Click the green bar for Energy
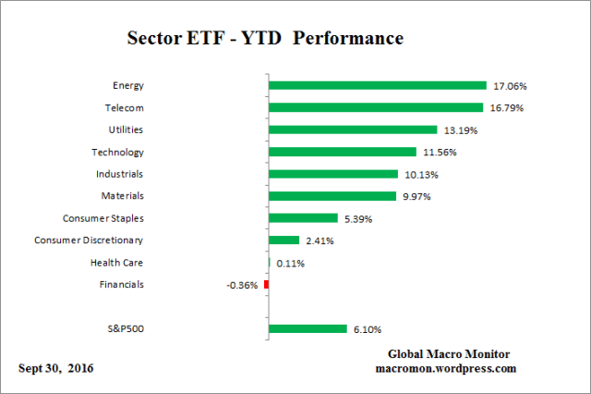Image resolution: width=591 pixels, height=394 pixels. pos(377,85)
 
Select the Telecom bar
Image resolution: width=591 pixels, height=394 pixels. pos(375,107)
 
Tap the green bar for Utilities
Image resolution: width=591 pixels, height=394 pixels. pos(352,129)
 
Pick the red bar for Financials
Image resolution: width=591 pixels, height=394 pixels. pos(266,285)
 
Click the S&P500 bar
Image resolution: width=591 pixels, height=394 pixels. pos(308,328)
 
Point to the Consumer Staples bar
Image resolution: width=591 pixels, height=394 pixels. pos(302,218)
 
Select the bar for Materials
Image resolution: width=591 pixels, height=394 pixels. pos(331,196)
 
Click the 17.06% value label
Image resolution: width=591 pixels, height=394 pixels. pos(509,86)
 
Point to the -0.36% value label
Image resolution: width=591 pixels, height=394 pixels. pos(242,286)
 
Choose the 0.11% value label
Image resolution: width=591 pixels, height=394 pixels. pos(290,264)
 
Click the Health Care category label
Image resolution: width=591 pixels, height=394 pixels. pos(116,262)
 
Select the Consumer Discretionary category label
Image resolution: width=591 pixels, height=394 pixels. pos(89,240)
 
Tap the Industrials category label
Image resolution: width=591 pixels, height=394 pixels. pos(119,173)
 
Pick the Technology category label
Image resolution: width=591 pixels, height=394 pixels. pos(117,151)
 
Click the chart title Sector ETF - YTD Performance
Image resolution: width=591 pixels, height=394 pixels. pos(263,41)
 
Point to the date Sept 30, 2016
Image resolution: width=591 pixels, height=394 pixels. pos(55,368)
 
